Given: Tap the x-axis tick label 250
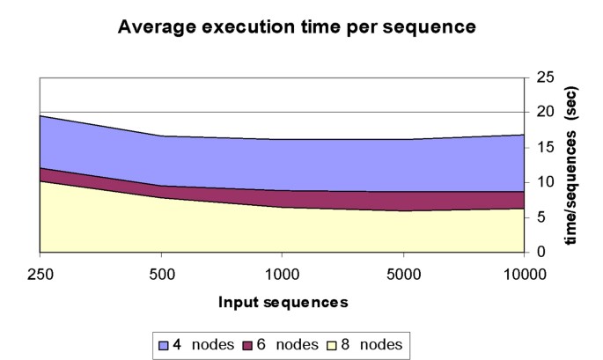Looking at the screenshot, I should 40,273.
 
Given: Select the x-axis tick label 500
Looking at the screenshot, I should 160,273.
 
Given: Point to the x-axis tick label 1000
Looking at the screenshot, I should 282,273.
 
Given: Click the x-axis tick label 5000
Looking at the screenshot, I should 402,273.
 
